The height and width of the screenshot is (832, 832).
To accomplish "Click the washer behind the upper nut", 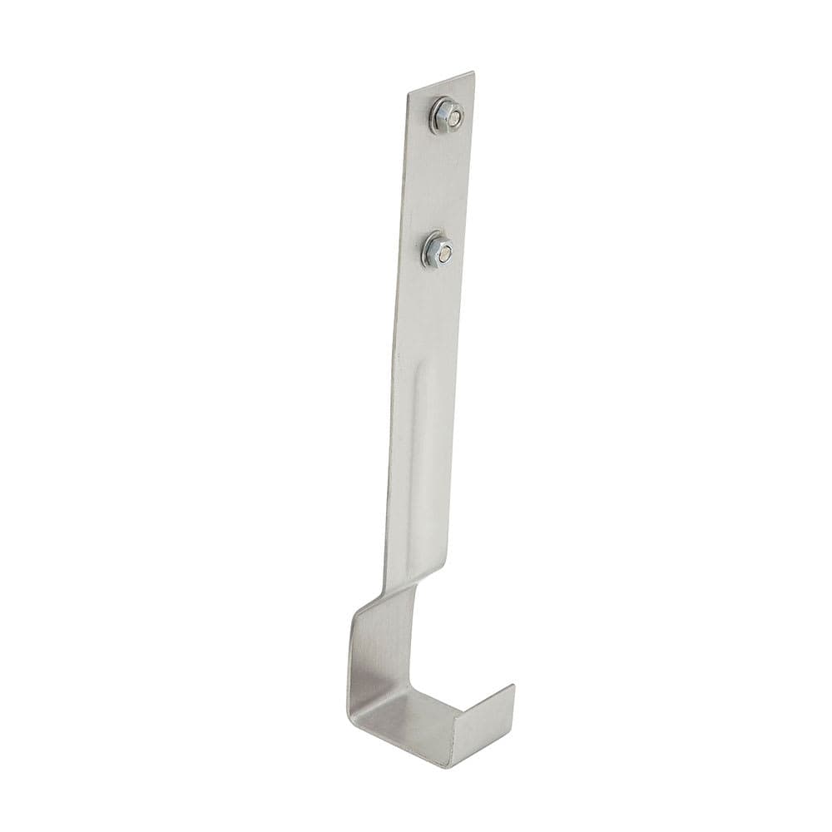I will tap(434, 124).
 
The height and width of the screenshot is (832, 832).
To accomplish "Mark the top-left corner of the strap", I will tap(409, 93).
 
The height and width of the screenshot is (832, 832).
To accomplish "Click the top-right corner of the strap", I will tap(473, 73).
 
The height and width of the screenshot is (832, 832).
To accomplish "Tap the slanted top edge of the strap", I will tap(441, 83).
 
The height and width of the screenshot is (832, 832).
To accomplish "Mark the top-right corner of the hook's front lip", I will tap(513, 686).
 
